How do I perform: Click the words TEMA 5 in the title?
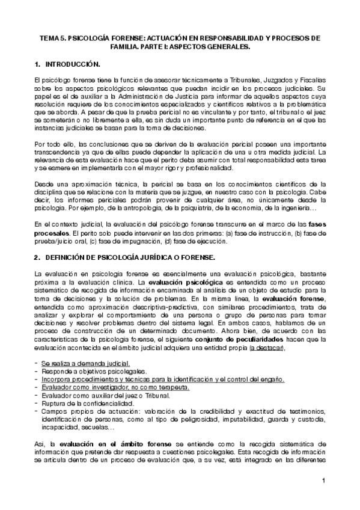52,37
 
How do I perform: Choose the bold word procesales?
52,232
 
